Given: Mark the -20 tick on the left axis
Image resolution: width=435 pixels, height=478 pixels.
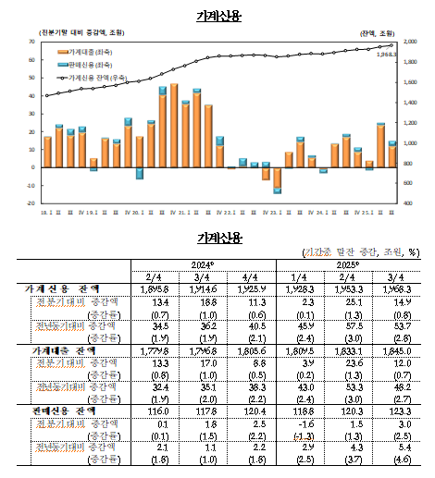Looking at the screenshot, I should [31, 202].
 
